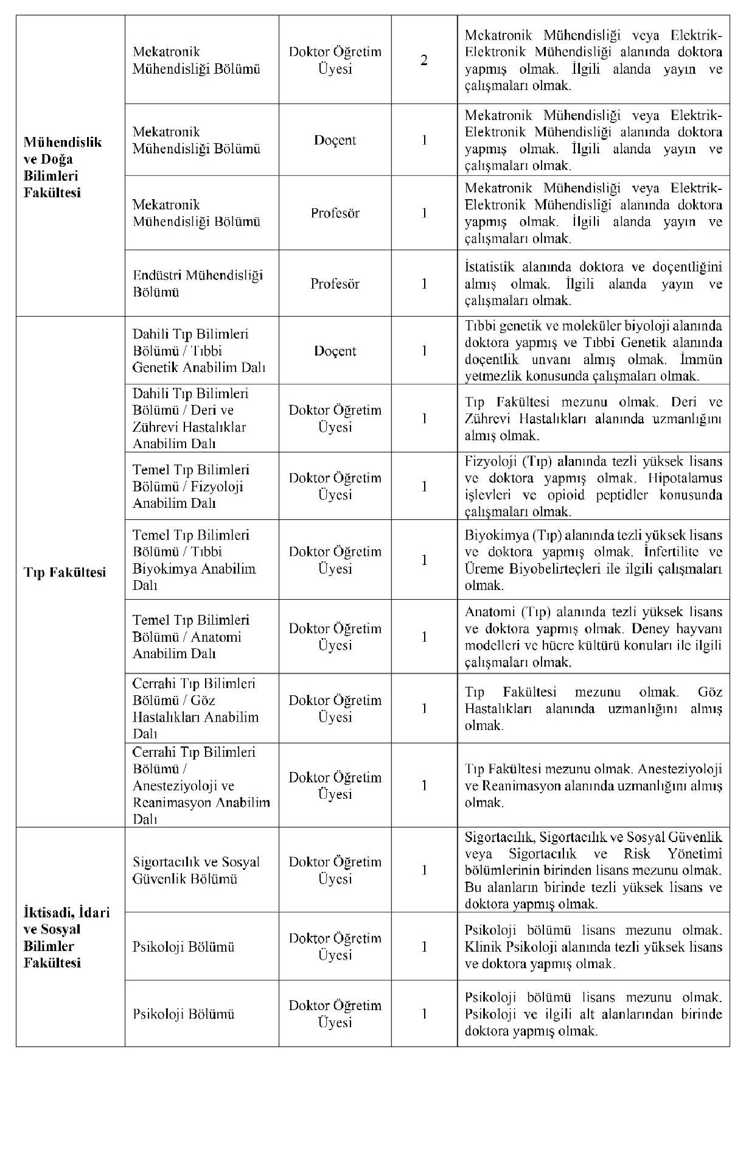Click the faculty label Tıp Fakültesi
(x=64, y=572)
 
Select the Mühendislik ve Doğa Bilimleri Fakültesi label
(x=63, y=167)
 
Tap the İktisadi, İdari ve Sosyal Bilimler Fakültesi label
(x=66, y=938)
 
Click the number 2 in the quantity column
(x=424, y=60)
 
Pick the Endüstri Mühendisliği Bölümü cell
(x=198, y=284)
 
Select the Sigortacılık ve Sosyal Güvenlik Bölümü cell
(x=196, y=871)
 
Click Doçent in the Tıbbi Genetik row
(x=335, y=351)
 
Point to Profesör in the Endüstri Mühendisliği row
(x=335, y=284)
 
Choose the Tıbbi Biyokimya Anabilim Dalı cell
(x=194, y=560)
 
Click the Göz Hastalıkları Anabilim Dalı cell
(x=195, y=709)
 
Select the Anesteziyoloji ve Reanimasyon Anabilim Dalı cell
(x=201, y=785)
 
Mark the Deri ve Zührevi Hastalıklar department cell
(x=190, y=419)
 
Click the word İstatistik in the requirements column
(x=489, y=267)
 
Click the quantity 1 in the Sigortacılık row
(x=424, y=871)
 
